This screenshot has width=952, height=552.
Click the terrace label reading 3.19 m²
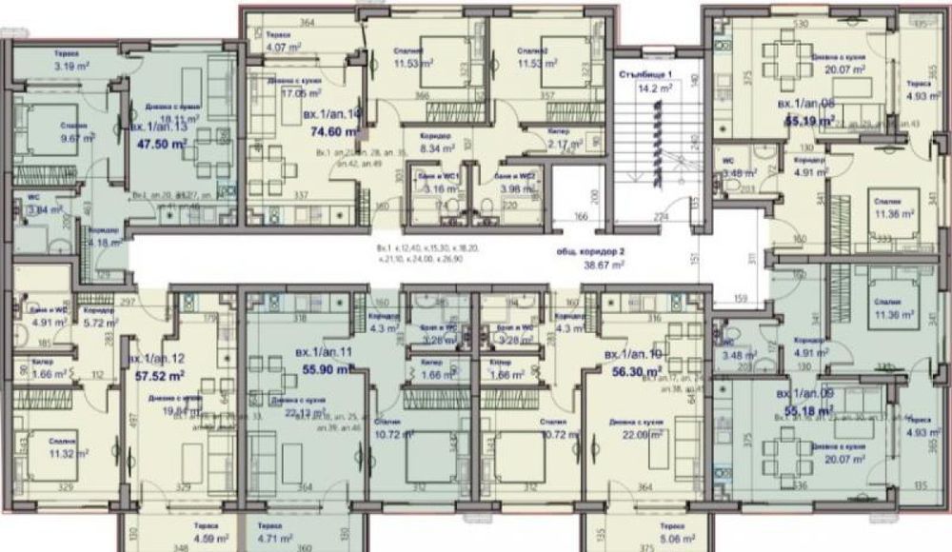coord(71,68)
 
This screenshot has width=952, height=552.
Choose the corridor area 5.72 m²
coord(99,323)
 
